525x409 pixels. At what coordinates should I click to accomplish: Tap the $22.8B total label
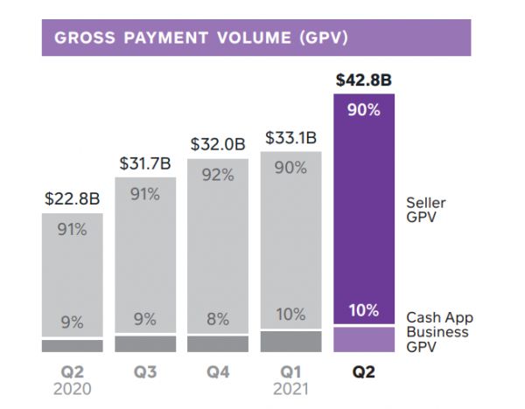[x=73, y=198]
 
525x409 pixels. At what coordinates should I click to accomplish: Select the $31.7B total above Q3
[x=145, y=163]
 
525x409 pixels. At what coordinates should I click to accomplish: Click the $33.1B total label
[x=290, y=138]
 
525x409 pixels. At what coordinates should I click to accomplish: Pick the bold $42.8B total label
[x=363, y=80]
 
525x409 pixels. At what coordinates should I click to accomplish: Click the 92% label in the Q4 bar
[x=218, y=175]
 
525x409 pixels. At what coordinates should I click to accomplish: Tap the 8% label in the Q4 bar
[x=218, y=321]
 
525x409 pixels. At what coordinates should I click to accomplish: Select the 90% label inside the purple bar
[x=363, y=110]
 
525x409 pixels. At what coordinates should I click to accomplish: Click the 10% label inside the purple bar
[x=363, y=309]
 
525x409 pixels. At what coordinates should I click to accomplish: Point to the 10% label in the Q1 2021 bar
[x=290, y=314]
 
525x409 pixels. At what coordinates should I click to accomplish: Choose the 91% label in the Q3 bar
[x=145, y=195]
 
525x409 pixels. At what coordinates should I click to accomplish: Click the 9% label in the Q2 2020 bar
[x=73, y=322]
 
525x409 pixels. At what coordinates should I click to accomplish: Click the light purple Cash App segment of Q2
[x=363, y=339]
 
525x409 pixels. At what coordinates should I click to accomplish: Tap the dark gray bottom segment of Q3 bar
[x=145, y=344]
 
